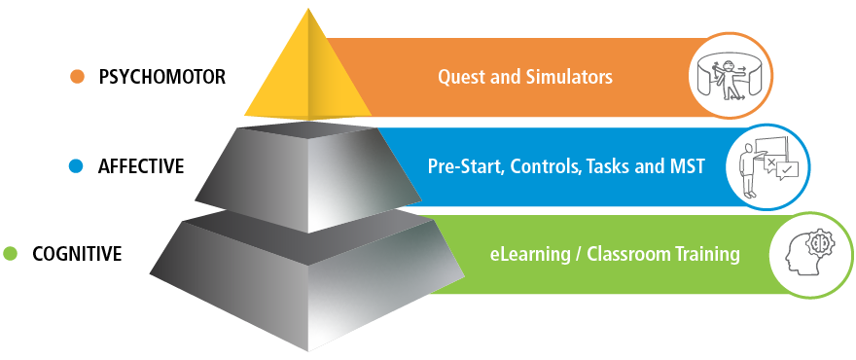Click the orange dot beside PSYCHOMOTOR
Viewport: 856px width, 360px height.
[77, 77]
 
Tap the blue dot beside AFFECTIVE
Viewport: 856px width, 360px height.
[77, 166]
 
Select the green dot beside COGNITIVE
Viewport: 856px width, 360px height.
[11, 254]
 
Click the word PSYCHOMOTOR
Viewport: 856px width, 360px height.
[162, 77]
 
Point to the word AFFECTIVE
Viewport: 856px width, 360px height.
[141, 166]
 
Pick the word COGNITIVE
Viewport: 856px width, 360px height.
[77, 254]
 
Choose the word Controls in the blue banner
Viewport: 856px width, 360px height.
[540, 166]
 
